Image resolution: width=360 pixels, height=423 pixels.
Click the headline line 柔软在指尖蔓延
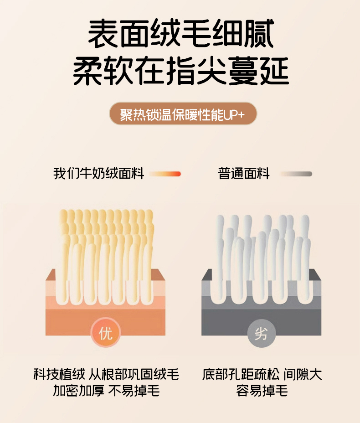pos(181,71)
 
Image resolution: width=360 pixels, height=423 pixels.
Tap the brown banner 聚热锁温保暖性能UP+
pos(183,113)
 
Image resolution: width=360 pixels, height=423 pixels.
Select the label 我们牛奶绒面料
pos(99,174)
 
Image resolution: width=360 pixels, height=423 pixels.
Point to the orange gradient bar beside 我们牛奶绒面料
pos(165,174)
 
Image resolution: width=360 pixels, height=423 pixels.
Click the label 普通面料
pos(244,174)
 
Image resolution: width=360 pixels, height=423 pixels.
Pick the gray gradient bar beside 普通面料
pos(296,174)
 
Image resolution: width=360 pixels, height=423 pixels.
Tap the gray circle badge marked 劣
pos(261,334)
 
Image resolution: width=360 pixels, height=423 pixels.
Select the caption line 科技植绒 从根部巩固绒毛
pos(106,374)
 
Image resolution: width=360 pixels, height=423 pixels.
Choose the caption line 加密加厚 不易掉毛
pos(106,390)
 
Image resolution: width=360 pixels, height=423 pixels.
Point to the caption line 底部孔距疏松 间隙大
pos(262,374)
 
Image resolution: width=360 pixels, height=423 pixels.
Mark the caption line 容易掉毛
pos(262,390)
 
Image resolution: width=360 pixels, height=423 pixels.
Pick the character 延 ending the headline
pos(274,71)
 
